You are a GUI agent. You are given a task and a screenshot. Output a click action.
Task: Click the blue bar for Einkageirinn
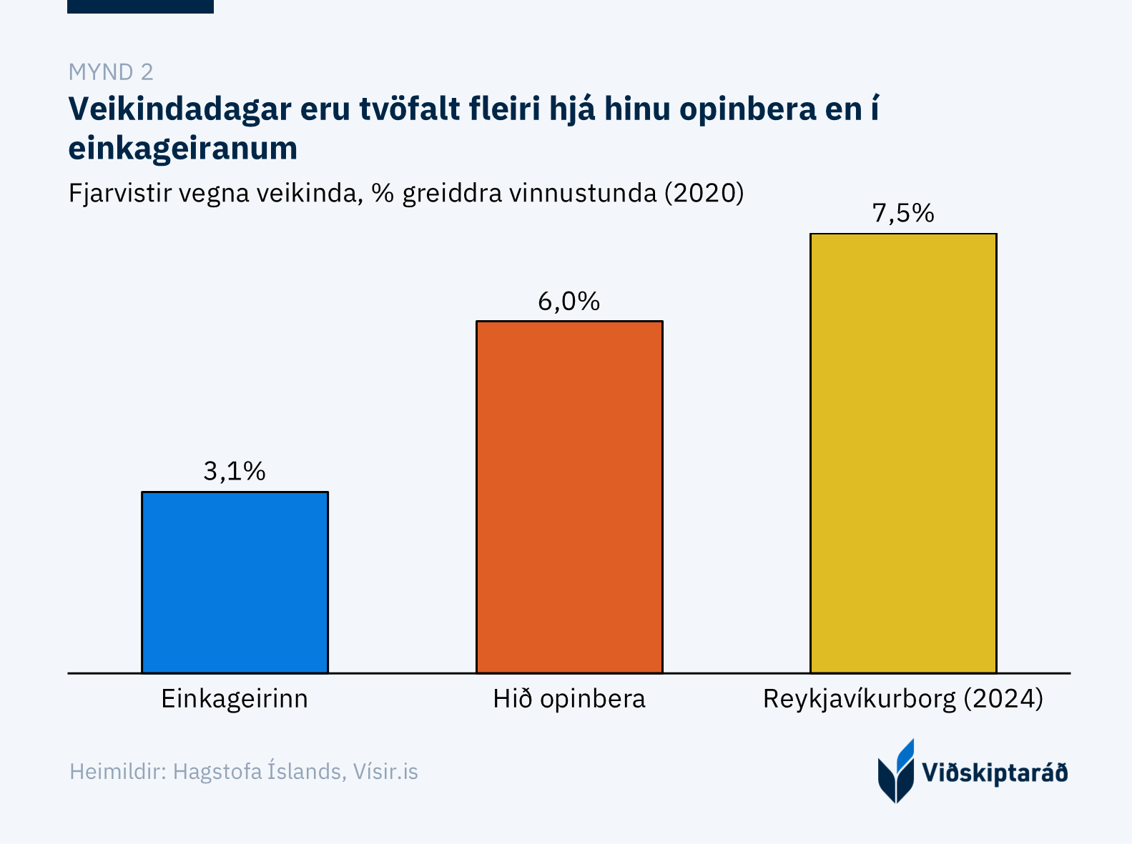tap(235, 582)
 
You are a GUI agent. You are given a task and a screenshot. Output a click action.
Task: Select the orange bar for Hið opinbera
tap(569, 497)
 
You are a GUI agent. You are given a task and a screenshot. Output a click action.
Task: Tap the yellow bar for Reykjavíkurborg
tap(903, 453)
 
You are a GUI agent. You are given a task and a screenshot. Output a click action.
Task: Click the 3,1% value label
tap(235, 471)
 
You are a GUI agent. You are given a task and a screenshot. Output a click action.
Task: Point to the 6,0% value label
tap(569, 302)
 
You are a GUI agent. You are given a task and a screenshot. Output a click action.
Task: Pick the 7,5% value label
tap(903, 213)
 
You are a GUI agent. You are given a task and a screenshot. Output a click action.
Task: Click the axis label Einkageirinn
tap(235, 698)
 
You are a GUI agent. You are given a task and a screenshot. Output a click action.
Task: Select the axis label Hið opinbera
tap(569, 698)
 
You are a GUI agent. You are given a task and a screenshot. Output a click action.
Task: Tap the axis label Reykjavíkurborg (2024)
tap(903, 698)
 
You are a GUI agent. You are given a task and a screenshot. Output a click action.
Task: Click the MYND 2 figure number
tap(111, 72)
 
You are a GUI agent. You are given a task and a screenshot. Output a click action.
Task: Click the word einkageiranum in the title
tap(183, 149)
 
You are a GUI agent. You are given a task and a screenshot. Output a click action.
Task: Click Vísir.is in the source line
tap(385, 772)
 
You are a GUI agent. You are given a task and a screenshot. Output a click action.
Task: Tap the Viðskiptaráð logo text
tap(995, 773)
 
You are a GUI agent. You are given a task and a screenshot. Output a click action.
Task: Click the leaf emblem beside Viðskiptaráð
tap(896, 772)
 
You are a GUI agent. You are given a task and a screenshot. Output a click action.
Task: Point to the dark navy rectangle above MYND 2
tap(140, 6)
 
